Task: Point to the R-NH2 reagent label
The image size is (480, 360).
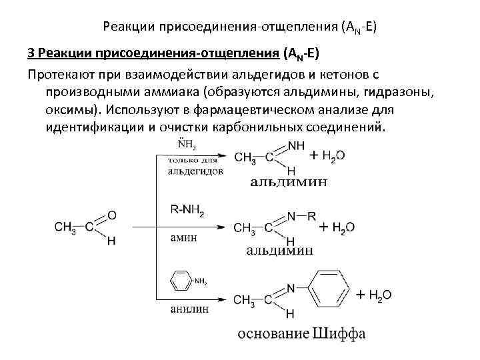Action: (187, 211)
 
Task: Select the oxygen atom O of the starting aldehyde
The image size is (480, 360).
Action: (111, 215)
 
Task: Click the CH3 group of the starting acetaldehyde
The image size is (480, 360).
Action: (65, 228)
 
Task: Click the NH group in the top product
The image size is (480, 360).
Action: (297, 145)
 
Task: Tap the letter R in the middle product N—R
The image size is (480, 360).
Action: (311, 216)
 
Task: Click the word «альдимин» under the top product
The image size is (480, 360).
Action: (289, 181)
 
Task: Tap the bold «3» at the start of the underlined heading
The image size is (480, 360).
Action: (31, 53)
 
